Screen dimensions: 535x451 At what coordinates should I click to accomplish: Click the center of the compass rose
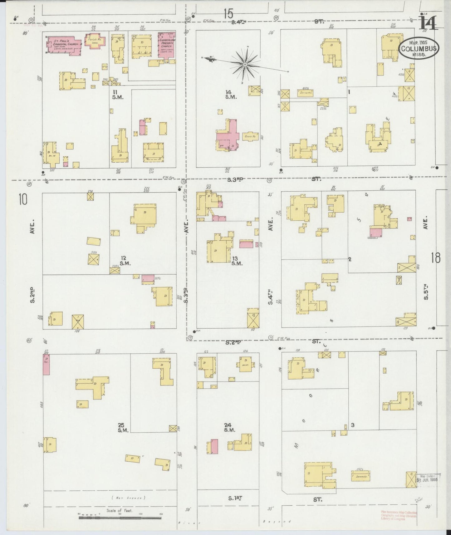[245, 65]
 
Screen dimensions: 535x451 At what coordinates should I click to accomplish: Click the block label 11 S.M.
[119, 95]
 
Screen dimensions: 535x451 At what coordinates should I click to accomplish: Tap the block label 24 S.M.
[229, 427]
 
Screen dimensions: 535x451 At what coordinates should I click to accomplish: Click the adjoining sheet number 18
[436, 258]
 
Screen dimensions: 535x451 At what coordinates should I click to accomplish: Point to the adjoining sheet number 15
[228, 14]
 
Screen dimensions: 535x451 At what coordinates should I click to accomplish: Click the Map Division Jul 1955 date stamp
[428, 478]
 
